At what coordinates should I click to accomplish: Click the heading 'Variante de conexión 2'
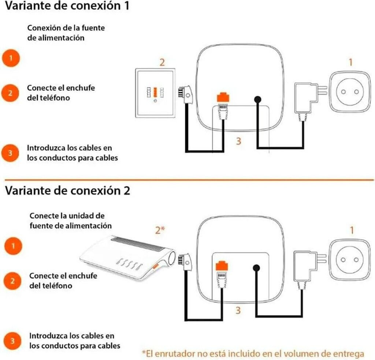[67, 191]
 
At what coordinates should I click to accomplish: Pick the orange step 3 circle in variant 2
[12, 341]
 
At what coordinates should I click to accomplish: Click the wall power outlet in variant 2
[349, 259]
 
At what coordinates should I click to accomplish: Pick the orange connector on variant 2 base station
[222, 266]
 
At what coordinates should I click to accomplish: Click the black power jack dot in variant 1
[257, 99]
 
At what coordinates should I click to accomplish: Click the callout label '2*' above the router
[160, 230]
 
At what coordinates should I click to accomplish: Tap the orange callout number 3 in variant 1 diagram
[238, 141]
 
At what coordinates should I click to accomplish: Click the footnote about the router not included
[253, 353]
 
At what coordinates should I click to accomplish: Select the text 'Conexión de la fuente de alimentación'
[66, 33]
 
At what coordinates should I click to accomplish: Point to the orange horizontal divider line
[187, 179]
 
